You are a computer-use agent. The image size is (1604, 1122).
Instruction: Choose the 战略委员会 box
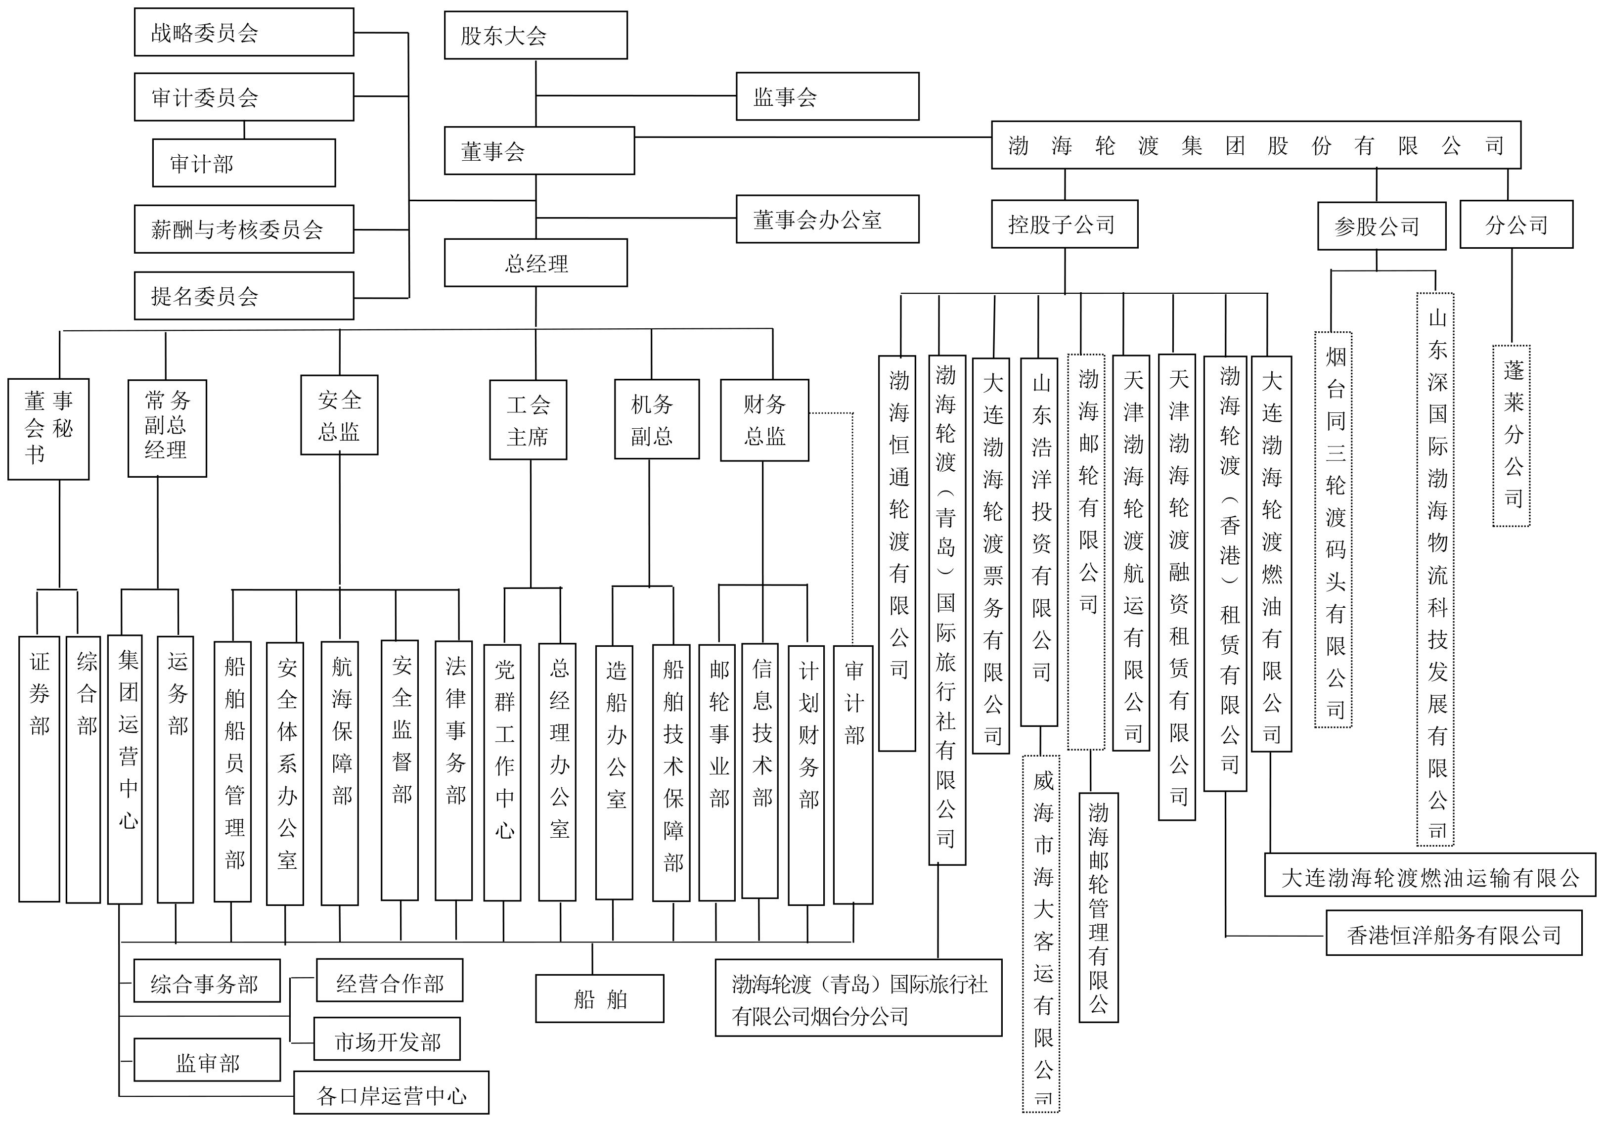tap(244, 32)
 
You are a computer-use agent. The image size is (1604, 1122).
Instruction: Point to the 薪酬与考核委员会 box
tap(244, 229)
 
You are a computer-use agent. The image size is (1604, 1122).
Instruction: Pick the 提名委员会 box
tap(244, 296)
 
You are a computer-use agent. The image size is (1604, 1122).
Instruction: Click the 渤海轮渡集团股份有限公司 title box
tap(1255, 145)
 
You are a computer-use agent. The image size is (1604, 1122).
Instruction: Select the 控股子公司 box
tap(1064, 224)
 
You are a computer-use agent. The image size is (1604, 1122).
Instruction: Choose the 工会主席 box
tap(528, 420)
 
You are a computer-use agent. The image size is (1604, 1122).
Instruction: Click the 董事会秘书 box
tap(48, 429)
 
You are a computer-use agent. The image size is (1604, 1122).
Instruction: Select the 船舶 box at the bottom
tap(599, 999)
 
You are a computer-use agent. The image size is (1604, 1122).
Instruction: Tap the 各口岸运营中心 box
tap(391, 1095)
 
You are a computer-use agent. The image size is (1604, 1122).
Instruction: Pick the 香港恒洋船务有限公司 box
tap(1453, 935)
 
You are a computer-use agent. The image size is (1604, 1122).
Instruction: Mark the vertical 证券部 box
tap(39, 768)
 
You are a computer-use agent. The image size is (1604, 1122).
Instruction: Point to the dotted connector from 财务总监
tap(852, 524)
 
